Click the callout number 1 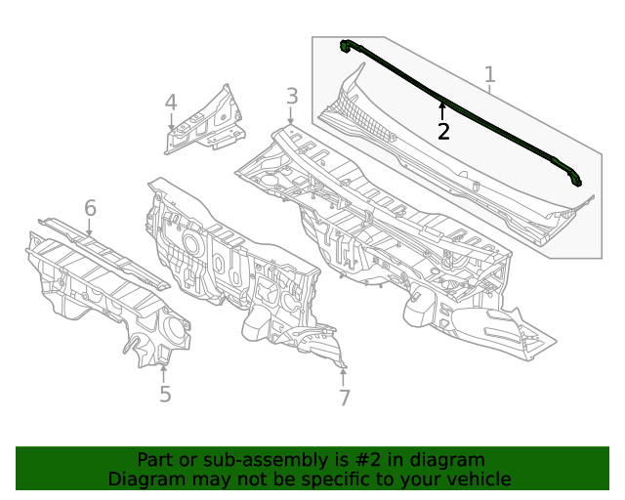click(489, 74)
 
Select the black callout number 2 click(443, 132)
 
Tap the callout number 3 click(291, 96)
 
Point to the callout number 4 click(171, 103)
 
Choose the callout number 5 click(165, 394)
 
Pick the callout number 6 click(90, 208)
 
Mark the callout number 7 click(344, 397)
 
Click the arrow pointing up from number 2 click(442, 109)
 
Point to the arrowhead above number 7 click(343, 370)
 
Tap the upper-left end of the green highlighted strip click(346, 45)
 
